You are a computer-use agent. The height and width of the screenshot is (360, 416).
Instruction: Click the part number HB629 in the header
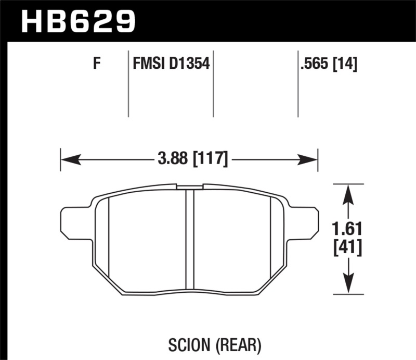tap(77, 21)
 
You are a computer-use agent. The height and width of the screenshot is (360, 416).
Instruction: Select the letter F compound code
tap(96, 65)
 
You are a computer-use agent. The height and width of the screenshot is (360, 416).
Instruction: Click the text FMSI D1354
tap(171, 65)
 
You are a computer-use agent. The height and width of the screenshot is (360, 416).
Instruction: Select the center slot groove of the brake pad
tap(190, 240)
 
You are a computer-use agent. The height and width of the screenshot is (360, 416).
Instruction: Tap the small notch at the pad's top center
tap(190, 185)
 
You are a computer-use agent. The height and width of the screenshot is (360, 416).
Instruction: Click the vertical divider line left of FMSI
tap(128, 83)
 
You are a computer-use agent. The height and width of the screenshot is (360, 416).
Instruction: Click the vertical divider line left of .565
tap(298, 83)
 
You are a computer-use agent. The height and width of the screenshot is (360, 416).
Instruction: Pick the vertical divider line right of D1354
tap(213, 83)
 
